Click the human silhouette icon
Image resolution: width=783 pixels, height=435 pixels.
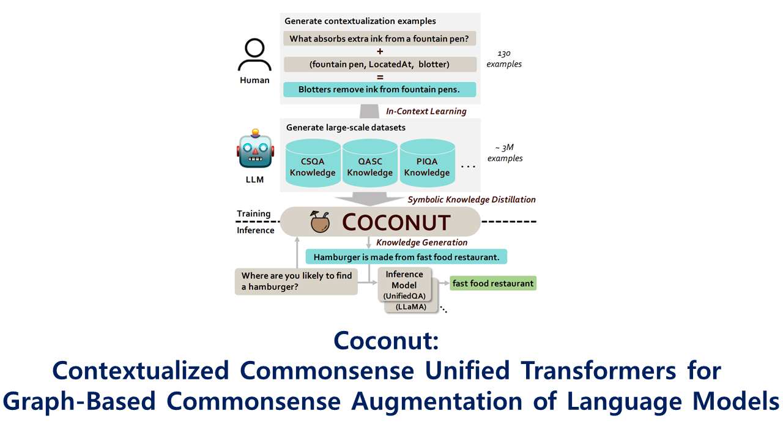254,55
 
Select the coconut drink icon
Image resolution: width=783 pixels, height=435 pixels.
320,221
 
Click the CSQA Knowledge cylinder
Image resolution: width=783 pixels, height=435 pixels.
313,163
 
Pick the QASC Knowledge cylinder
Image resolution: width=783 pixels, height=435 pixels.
370,163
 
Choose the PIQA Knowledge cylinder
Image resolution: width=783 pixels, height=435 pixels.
427,163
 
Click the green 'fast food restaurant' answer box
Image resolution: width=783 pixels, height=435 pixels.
493,283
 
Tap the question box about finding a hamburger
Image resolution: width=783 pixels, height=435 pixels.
297,281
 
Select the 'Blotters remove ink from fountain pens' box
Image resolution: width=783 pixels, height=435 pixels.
380,89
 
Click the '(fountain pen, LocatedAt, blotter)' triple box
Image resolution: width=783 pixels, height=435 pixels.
380,64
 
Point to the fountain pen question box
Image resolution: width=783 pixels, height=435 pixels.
380,39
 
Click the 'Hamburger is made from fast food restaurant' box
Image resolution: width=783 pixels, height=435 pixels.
406,257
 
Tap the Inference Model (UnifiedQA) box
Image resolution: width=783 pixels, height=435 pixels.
404,284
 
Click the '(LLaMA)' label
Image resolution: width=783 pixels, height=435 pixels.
411,307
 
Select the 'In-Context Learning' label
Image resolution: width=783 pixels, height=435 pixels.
426,111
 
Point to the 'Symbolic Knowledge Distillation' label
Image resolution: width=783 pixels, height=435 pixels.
472,199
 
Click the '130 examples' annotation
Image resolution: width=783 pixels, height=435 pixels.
504,59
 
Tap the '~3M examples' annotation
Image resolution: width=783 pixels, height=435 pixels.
505,153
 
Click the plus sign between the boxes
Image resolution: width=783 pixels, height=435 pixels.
380,51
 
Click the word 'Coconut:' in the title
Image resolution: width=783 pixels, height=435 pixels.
386,340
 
